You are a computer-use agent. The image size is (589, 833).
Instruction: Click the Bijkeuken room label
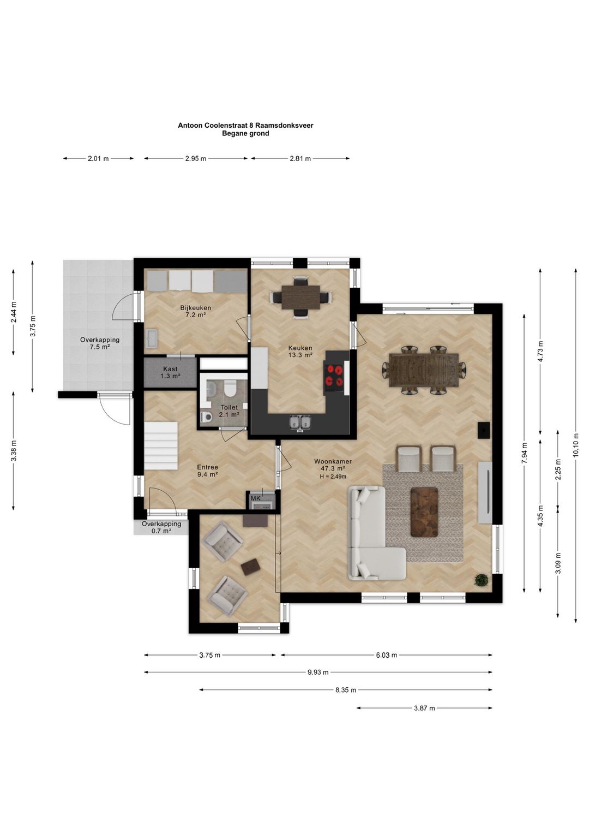[x=195, y=311]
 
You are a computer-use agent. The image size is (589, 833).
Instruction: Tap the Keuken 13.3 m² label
[x=300, y=351]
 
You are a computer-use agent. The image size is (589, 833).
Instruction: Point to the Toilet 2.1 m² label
[x=229, y=411]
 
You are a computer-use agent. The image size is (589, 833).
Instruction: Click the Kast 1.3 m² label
[x=170, y=372]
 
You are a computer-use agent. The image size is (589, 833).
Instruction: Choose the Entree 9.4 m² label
[x=207, y=471]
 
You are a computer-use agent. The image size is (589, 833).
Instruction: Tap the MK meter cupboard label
[x=256, y=498]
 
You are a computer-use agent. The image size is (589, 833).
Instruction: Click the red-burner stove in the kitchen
[x=334, y=375]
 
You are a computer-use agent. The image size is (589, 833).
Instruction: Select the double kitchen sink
[x=300, y=423]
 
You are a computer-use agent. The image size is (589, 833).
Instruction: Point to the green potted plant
[x=482, y=580]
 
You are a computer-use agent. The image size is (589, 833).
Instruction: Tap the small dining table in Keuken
[x=300, y=297]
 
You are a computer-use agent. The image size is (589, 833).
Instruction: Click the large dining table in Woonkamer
[x=424, y=371]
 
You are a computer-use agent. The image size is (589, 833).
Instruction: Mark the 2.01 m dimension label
[x=98, y=159]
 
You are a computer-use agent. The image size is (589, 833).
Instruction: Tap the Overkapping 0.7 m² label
[x=161, y=527]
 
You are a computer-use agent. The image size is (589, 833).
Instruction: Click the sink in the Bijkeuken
[x=152, y=338]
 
